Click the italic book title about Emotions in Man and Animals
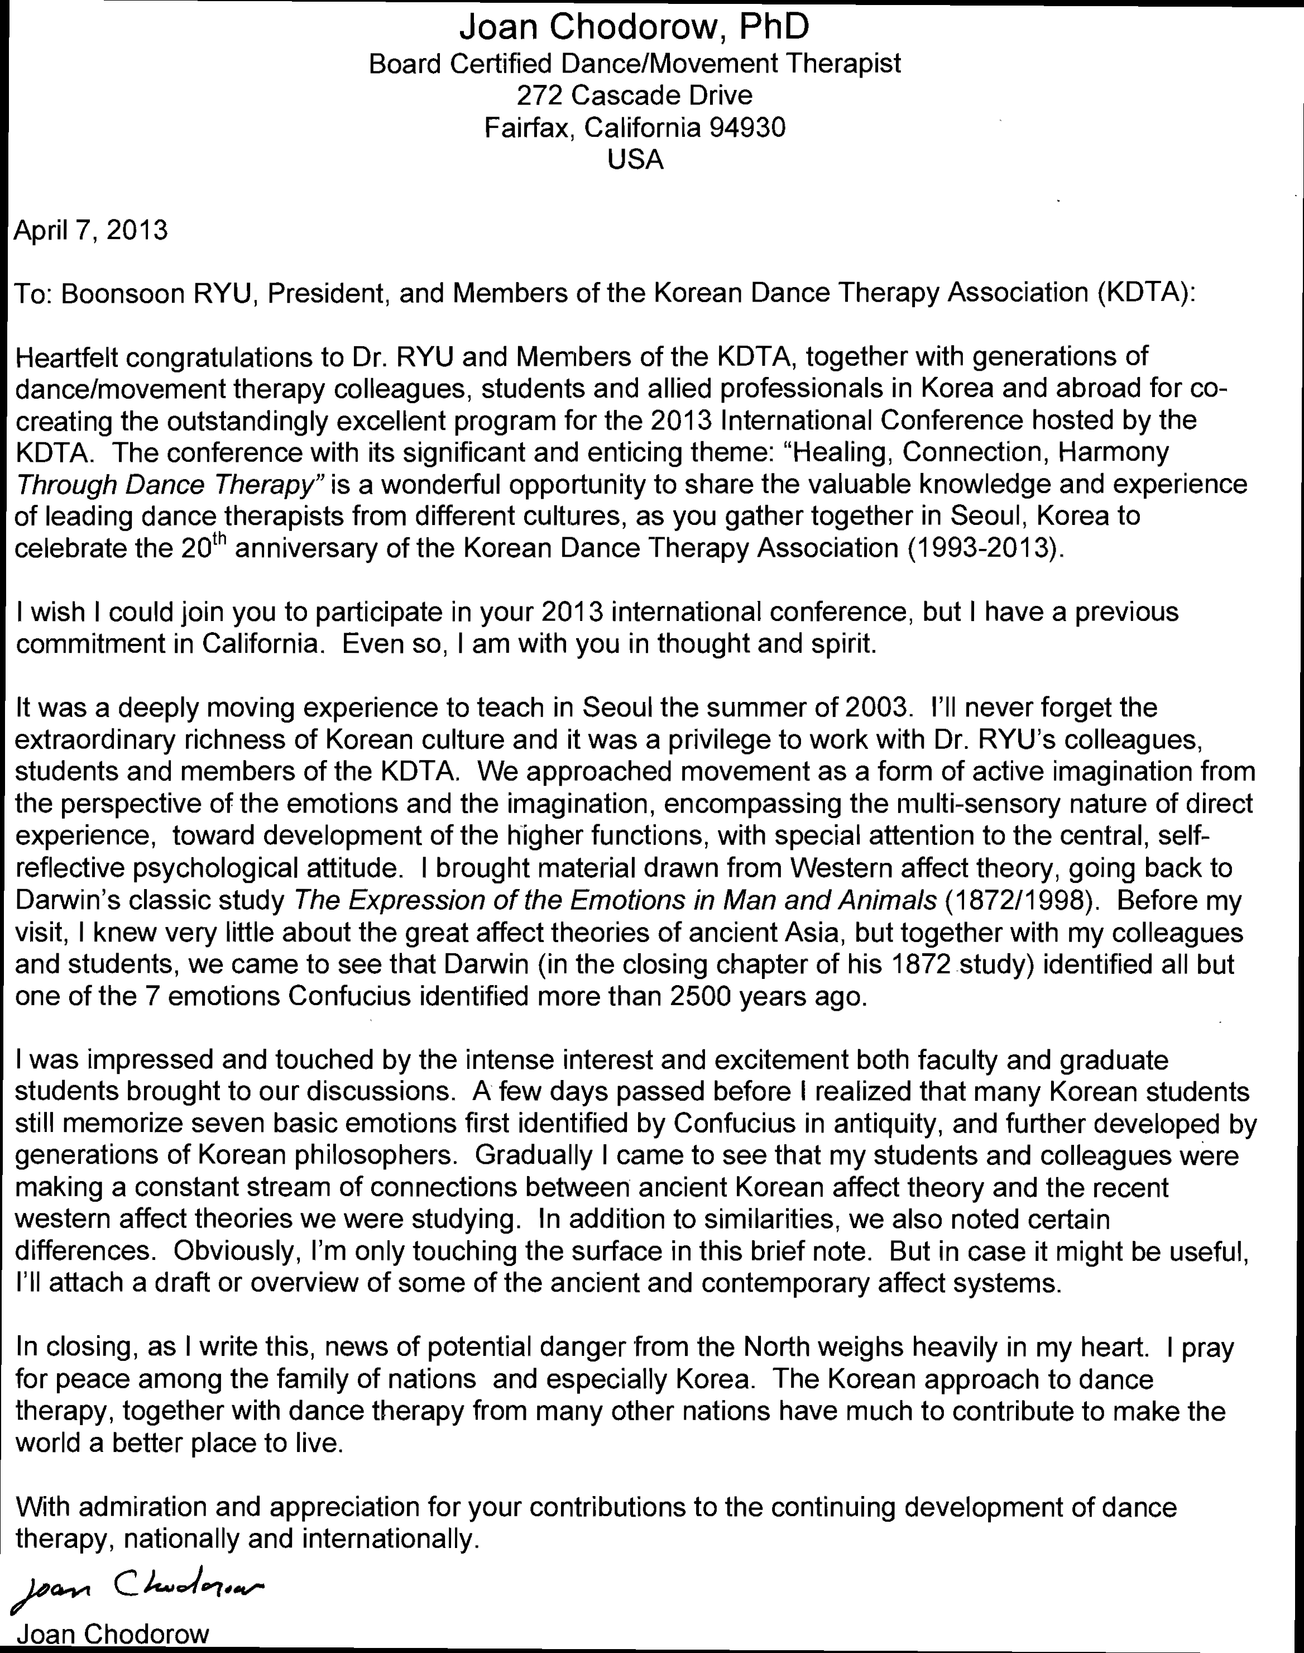(615, 901)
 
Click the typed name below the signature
(112, 1635)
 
